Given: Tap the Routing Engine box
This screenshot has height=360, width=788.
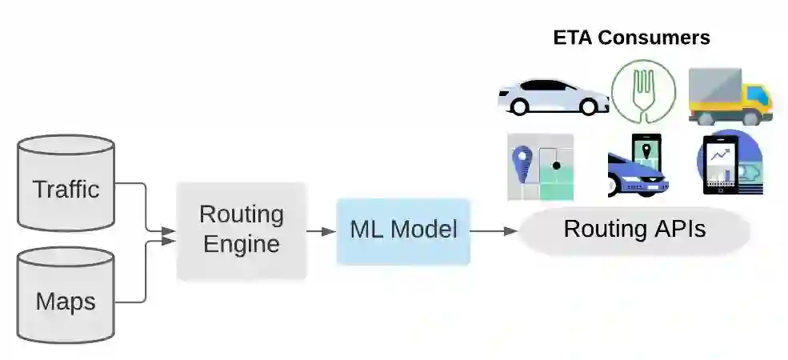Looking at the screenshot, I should tap(242, 230).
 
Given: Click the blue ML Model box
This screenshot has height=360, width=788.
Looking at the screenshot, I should tap(403, 231).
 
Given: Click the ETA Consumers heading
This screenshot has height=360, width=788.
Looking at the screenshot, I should tap(632, 38).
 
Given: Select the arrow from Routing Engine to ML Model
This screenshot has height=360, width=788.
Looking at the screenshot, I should tap(322, 231).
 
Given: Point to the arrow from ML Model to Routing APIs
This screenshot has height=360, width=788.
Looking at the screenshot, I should tap(494, 231).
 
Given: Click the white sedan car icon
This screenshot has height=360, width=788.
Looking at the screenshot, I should tap(552, 96).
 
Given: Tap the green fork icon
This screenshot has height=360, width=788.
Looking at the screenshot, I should tap(643, 90).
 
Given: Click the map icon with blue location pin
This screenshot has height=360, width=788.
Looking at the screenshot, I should tap(540, 166).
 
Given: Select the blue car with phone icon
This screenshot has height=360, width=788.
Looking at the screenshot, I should tap(638, 166).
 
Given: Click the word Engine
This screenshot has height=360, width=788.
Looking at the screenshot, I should tap(242, 244).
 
